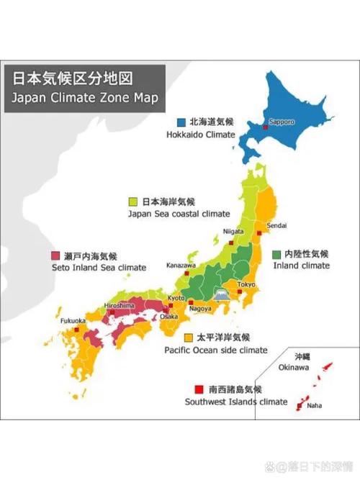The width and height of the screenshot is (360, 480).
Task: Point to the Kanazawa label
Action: [x=181, y=265]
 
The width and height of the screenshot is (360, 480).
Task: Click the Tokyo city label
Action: [x=247, y=284]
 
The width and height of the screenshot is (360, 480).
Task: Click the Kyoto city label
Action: [x=176, y=297]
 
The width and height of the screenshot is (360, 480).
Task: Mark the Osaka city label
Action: [x=168, y=316]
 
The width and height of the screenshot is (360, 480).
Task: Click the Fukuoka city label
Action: [x=73, y=320]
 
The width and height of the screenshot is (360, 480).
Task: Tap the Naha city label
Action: [x=315, y=405]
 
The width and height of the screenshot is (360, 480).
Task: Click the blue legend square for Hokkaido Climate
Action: [x=181, y=122]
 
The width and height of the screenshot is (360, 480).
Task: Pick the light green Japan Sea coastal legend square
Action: [x=133, y=201]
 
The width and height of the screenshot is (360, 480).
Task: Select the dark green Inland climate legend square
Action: [x=276, y=253]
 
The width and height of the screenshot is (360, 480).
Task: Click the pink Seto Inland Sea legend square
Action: [x=56, y=255]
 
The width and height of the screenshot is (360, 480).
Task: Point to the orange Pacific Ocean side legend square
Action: [x=189, y=337]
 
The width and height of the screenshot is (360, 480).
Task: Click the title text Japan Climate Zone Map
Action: [x=84, y=96]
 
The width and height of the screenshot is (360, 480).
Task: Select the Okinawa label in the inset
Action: [x=294, y=367]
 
